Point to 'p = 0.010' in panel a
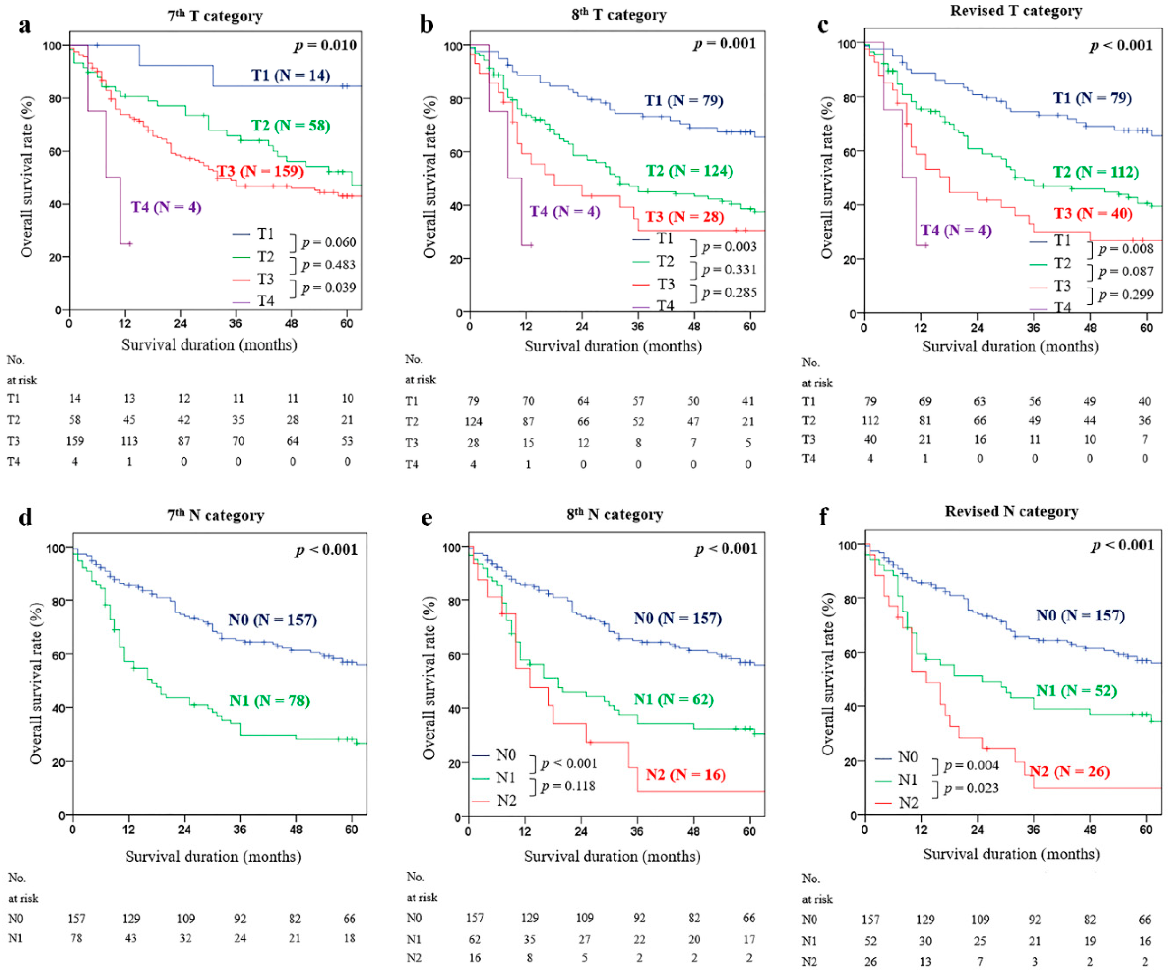tap(326, 45)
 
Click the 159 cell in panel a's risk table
tap(74, 441)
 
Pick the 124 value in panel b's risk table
tap(473, 421)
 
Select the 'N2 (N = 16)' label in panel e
tap(686, 774)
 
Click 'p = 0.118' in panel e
tap(569, 786)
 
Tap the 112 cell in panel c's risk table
tap(870, 420)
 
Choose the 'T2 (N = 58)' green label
tap(290, 126)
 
